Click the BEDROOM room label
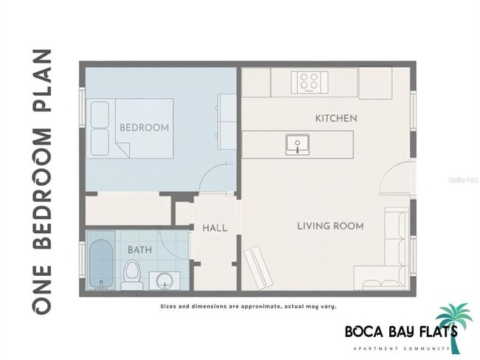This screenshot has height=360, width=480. (144, 128)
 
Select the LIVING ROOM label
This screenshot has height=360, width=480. (330, 226)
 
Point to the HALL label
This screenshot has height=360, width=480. (214, 229)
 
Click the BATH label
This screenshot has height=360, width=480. (140, 250)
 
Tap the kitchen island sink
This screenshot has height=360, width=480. (298, 144)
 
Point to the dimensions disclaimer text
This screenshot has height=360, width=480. (248, 306)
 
